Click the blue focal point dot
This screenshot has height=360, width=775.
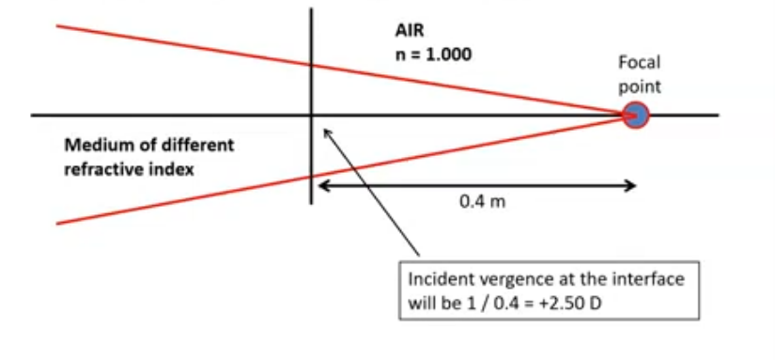tap(636, 116)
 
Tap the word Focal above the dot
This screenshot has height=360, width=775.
tap(638, 64)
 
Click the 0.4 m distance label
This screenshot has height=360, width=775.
tap(476, 202)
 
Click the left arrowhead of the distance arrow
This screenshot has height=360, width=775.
tap(321, 186)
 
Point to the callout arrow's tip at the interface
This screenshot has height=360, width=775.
tap(325, 130)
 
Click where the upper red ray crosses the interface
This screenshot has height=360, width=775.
tap(311, 64)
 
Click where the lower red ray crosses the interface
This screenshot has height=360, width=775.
tap(311, 176)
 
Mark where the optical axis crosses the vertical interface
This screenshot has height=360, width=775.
tap(311, 116)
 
